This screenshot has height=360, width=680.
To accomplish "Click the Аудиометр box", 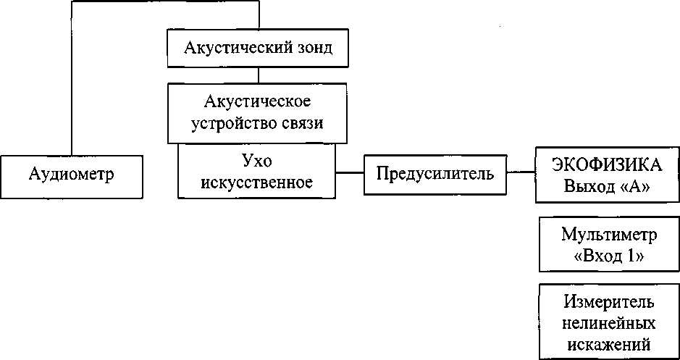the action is click(x=72, y=177).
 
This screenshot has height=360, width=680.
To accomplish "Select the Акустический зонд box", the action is click(x=258, y=48).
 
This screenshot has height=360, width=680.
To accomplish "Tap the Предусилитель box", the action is click(x=435, y=175).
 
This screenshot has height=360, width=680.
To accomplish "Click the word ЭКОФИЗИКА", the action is click(x=607, y=165).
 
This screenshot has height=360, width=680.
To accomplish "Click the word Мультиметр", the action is click(x=609, y=235).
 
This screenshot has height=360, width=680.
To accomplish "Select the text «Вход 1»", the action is click(x=608, y=256).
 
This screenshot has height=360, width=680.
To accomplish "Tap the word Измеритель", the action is click(x=609, y=302).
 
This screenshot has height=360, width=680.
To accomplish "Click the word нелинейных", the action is click(x=609, y=323).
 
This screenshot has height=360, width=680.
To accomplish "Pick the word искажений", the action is click(x=609, y=344).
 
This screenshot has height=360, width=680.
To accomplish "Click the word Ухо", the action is click(x=257, y=162).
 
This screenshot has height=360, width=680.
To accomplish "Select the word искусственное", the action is click(x=257, y=183).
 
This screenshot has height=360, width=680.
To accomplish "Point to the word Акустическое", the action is click(x=258, y=102).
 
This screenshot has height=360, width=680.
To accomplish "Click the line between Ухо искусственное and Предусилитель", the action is click(x=350, y=172).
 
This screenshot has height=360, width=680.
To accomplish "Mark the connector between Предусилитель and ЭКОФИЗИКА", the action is click(x=521, y=172).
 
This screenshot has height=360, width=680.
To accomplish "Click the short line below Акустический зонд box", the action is click(x=259, y=75).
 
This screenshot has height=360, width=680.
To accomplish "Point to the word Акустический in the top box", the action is click(x=236, y=48).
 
